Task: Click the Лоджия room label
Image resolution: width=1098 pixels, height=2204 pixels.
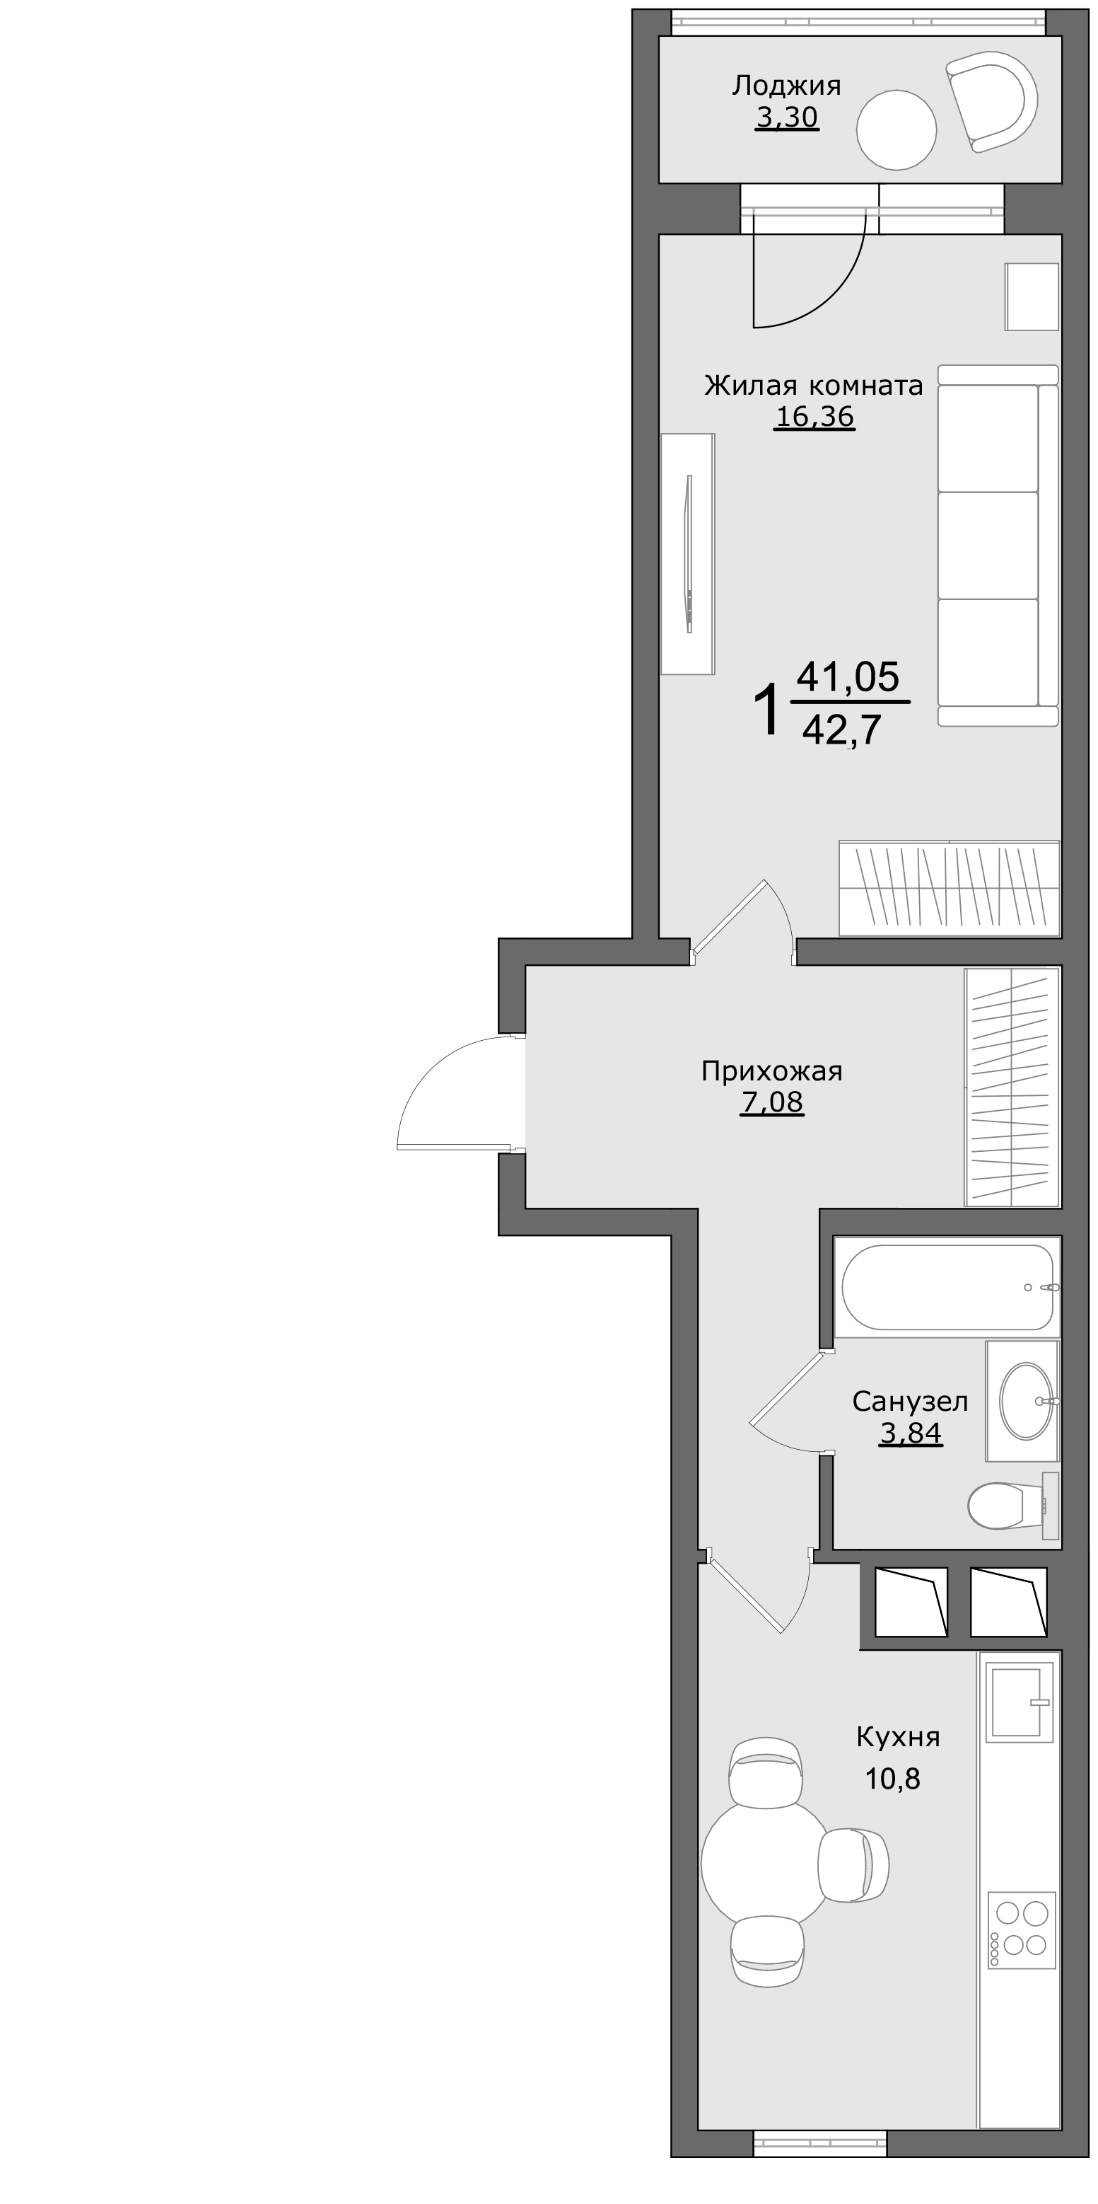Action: coord(787,86)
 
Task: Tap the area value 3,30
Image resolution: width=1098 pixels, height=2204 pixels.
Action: coord(787,117)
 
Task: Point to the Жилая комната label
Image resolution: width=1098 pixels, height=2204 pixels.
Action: coord(813,386)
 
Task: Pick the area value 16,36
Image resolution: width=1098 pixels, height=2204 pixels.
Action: coord(814,417)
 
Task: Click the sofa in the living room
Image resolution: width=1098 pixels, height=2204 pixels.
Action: coord(997,546)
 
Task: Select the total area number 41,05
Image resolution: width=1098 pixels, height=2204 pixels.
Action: coord(848,677)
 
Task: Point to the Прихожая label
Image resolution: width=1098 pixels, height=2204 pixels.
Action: coord(771,1071)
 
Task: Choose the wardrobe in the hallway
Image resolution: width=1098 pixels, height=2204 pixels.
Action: coord(1011,1087)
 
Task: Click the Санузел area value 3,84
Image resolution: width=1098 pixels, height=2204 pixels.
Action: coord(911,1432)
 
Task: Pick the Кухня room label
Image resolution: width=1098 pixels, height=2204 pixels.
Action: coord(898,1738)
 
